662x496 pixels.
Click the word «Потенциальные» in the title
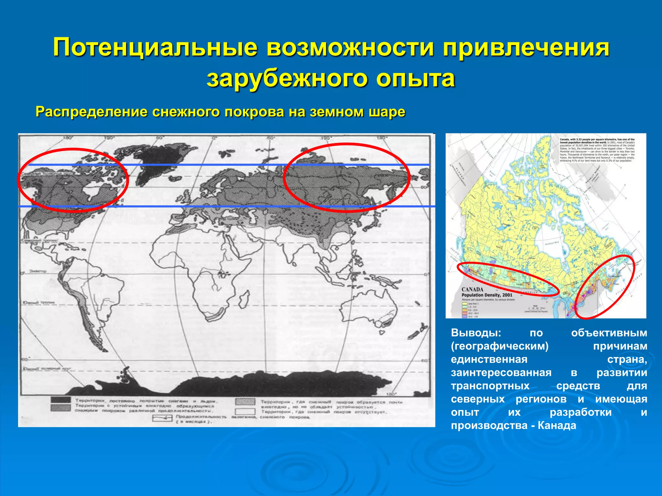[155, 48]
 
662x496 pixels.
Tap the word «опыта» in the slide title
[415, 78]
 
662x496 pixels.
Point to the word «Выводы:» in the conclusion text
[476, 333]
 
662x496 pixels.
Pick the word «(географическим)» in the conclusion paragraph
[500, 346]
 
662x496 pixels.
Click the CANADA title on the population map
[472, 289]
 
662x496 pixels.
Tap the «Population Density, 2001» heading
[487, 295]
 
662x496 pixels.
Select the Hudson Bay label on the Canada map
[552, 243]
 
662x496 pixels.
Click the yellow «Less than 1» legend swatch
[464, 304]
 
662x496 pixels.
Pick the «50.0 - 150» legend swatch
[464, 316]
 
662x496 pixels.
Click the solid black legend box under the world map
[60, 400]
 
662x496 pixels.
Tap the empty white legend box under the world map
[245, 412]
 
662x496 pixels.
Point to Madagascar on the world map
[245, 295]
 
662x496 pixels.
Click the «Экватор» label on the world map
[37, 271]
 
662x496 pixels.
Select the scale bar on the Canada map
[535, 309]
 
